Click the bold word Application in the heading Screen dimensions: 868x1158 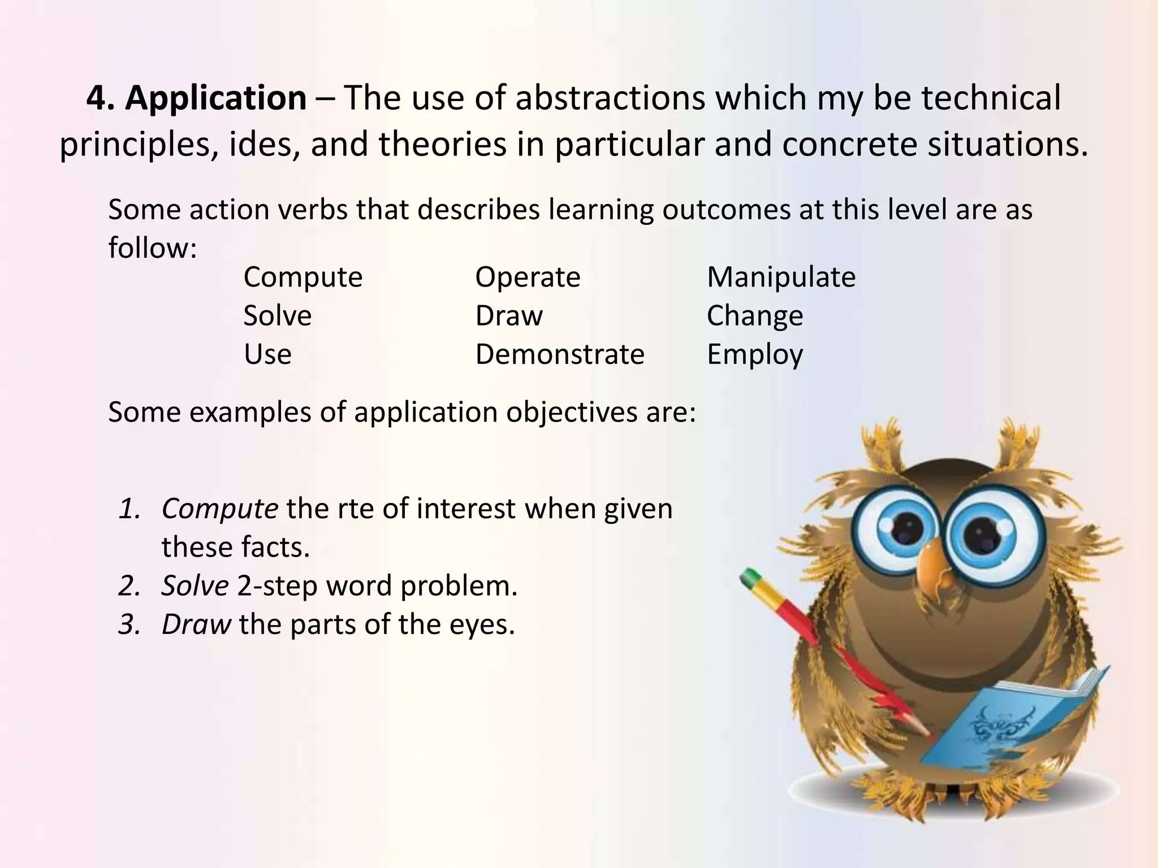(x=215, y=98)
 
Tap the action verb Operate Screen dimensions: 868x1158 (x=528, y=277)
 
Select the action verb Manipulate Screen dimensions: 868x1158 (x=781, y=277)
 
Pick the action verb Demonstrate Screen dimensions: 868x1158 (x=560, y=354)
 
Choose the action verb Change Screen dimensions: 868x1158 (x=754, y=316)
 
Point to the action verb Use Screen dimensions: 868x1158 (x=267, y=354)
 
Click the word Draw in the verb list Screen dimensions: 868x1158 (x=509, y=316)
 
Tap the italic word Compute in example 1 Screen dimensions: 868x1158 (x=219, y=509)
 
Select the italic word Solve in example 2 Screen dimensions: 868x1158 (x=195, y=585)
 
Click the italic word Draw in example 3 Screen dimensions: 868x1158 (x=196, y=624)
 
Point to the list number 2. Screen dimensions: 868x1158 (x=129, y=586)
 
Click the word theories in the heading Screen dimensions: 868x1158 (x=443, y=145)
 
